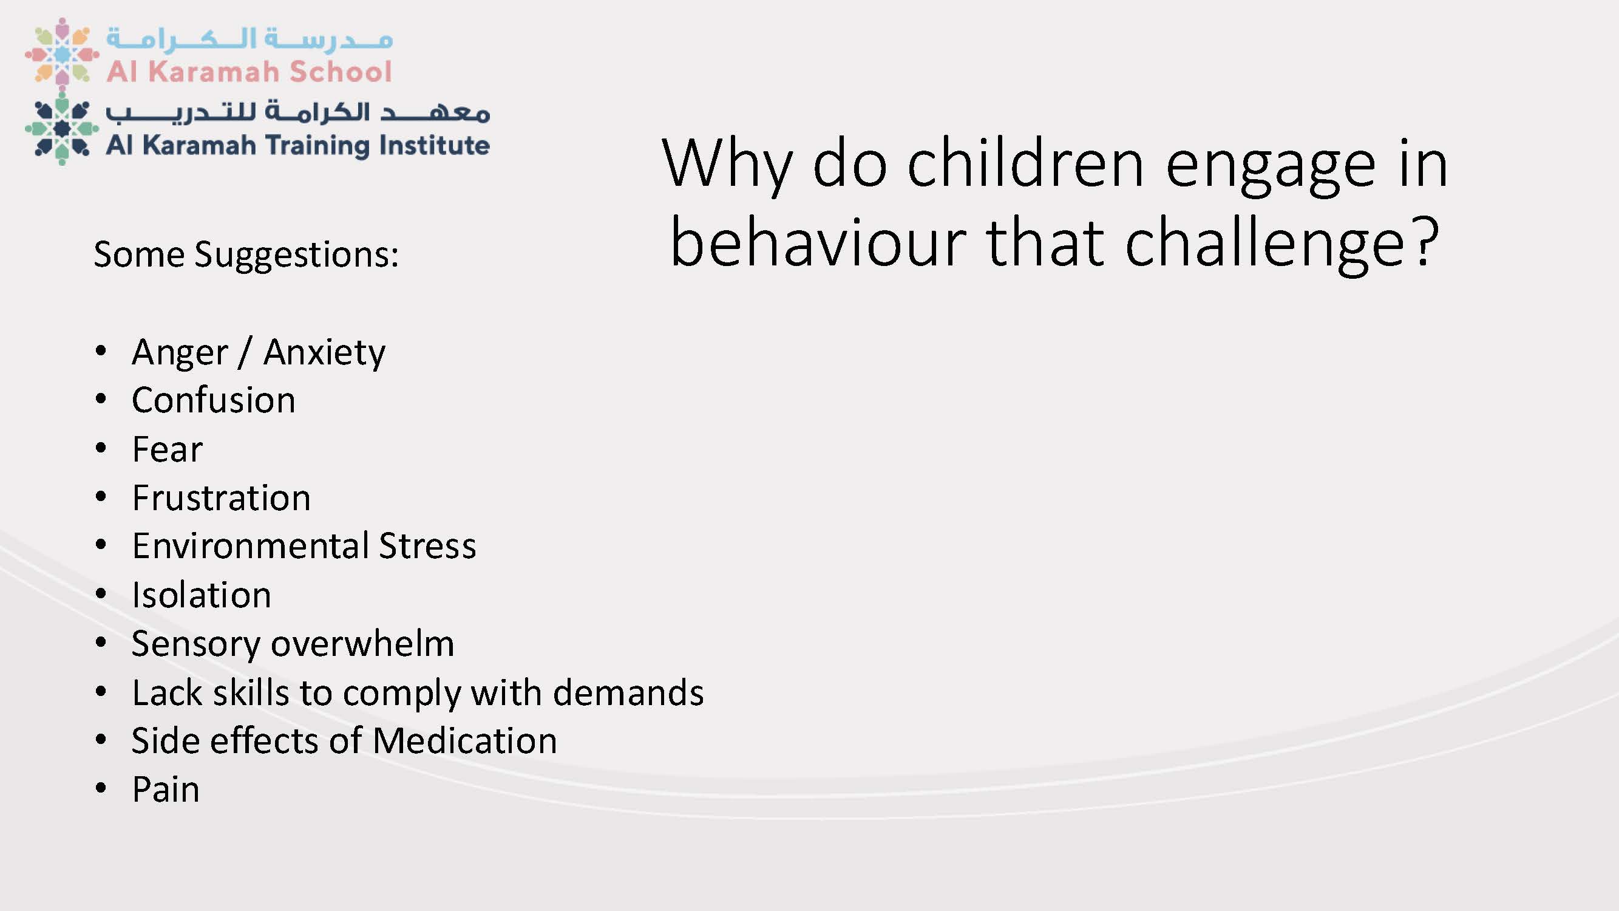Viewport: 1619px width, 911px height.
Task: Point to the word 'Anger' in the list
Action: click(x=180, y=353)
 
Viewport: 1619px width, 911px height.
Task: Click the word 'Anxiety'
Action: click(x=324, y=353)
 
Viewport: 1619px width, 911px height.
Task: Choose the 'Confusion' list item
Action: click(x=214, y=400)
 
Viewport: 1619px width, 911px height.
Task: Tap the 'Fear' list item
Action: click(x=167, y=449)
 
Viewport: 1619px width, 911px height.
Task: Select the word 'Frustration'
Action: click(x=221, y=498)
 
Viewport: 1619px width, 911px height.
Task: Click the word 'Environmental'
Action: click(x=251, y=546)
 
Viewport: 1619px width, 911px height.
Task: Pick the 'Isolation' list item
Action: click(x=202, y=595)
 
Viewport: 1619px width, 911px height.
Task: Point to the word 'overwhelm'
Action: click(x=362, y=643)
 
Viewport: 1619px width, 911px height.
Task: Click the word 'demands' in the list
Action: click(x=628, y=692)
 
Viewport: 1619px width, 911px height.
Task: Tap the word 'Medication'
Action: click(x=464, y=740)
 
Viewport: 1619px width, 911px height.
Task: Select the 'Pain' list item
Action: click(x=166, y=790)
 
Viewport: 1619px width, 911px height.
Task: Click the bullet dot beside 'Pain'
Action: click(x=101, y=789)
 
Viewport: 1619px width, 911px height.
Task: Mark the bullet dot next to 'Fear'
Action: click(x=101, y=448)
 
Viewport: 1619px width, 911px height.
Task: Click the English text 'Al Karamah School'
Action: click(x=249, y=72)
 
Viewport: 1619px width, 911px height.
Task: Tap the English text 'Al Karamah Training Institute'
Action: click(x=298, y=145)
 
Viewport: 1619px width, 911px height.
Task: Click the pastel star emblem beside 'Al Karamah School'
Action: click(x=61, y=52)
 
